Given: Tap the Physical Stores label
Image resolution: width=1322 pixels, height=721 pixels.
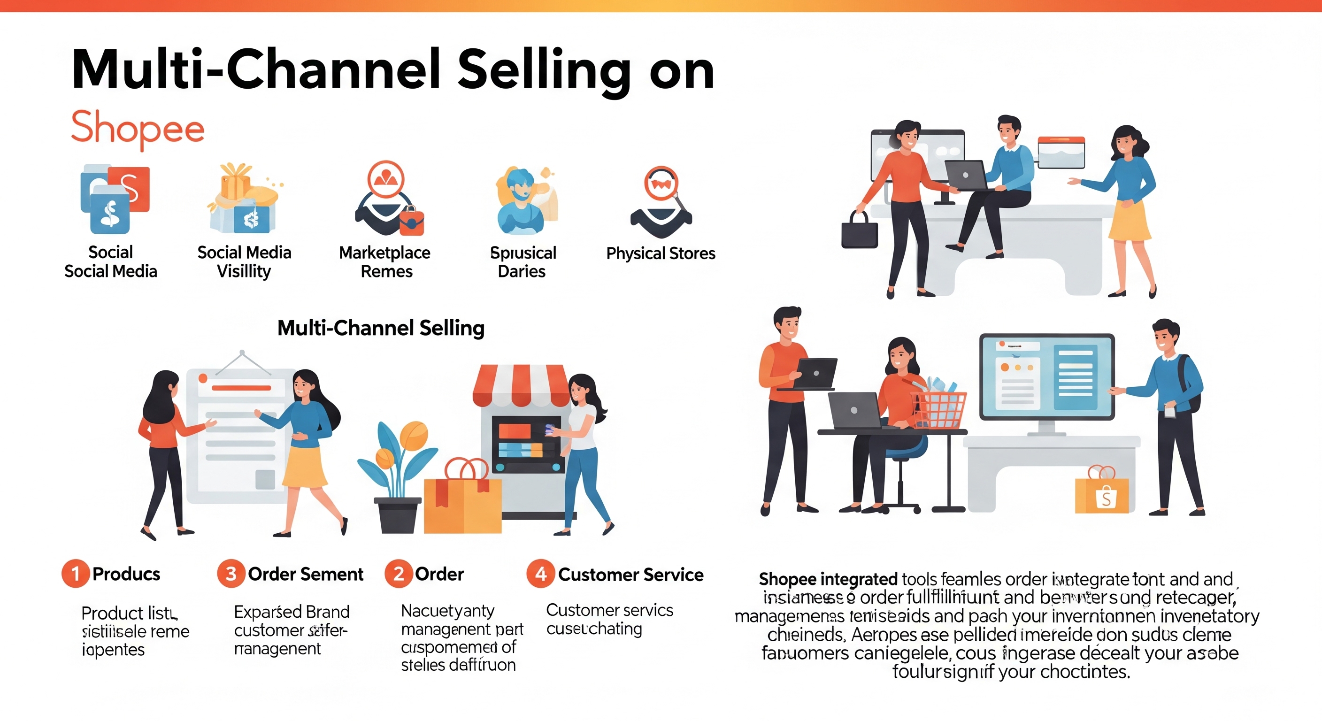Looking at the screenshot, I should point(661,253).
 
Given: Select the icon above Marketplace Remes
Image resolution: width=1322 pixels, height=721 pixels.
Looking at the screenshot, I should point(389,198).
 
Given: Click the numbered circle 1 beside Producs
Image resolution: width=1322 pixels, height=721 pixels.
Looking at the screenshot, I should point(75,573).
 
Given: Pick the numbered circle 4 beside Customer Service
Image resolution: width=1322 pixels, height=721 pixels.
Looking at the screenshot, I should point(540,574).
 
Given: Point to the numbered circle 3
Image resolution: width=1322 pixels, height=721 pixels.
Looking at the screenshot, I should point(231,573).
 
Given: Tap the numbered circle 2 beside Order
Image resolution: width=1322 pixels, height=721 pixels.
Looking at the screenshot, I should point(398,573).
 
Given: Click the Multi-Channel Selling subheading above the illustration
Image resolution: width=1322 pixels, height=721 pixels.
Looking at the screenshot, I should point(381,328).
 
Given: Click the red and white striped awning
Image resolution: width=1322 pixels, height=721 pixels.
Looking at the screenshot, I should point(521,385).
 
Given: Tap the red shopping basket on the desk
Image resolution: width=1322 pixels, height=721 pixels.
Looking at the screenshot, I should point(938,409).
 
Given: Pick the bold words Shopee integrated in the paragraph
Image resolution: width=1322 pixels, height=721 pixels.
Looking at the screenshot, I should point(828,579).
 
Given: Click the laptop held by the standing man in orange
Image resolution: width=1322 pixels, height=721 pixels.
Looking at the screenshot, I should point(816,374).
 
